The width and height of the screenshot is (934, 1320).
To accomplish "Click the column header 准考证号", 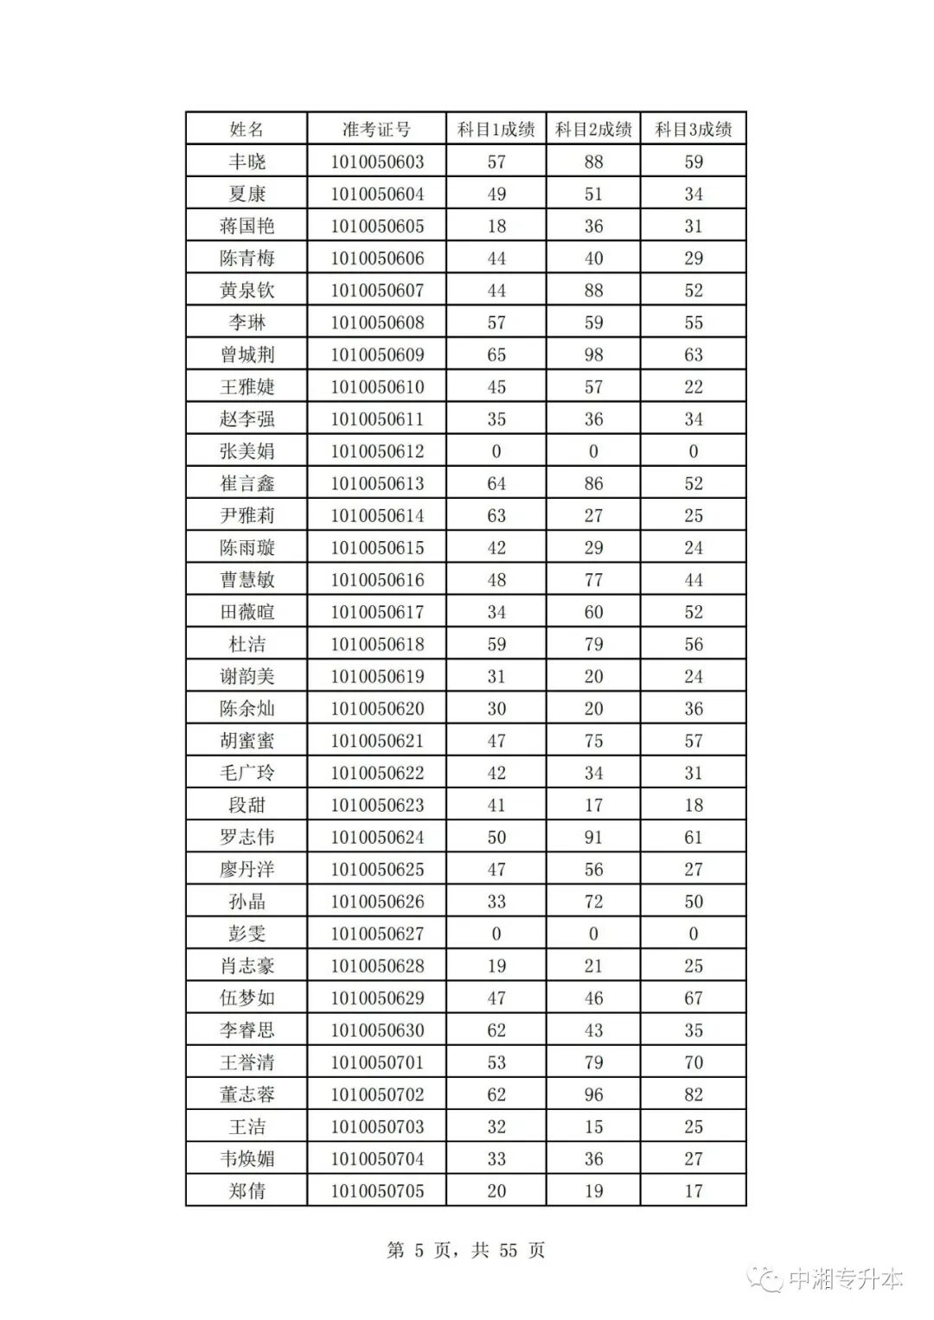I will click(x=376, y=130).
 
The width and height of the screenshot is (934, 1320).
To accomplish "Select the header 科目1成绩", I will click(x=496, y=130).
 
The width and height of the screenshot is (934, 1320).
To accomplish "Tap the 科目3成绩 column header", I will click(x=693, y=130).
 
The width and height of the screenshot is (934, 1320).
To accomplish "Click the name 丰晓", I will click(x=246, y=162).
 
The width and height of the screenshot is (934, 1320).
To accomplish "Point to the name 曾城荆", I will click(x=246, y=354).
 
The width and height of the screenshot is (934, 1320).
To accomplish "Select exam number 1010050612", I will click(x=377, y=451).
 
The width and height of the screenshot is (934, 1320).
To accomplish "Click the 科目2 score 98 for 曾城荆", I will click(x=593, y=354).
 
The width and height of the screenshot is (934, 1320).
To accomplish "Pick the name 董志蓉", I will click(x=246, y=1094).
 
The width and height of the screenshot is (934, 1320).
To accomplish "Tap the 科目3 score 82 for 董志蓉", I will click(x=694, y=1094).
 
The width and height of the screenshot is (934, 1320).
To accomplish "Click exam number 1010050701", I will click(x=377, y=1062).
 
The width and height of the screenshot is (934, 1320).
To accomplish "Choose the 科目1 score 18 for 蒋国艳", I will click(x=496, y=226).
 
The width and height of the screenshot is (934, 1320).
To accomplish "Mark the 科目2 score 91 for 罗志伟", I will click(x=593, y=837).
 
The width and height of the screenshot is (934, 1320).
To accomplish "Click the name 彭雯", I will click(x=246, y=934).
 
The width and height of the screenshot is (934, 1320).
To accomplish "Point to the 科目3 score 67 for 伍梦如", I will click(x=694, y=998).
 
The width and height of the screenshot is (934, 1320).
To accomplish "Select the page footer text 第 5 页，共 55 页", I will click(x=466, y=1250).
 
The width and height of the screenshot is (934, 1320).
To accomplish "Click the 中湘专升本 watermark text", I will click(x=845, y=1279).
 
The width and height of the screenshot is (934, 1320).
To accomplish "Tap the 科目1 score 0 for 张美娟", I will click(x=496, y=451).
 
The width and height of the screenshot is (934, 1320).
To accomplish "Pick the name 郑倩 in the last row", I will click(x=246, y=1191).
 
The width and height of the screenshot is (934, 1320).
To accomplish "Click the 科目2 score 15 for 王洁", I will click(x=593, y=1126).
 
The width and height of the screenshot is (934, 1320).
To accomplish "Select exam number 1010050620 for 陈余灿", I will click(x=377, y=709).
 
